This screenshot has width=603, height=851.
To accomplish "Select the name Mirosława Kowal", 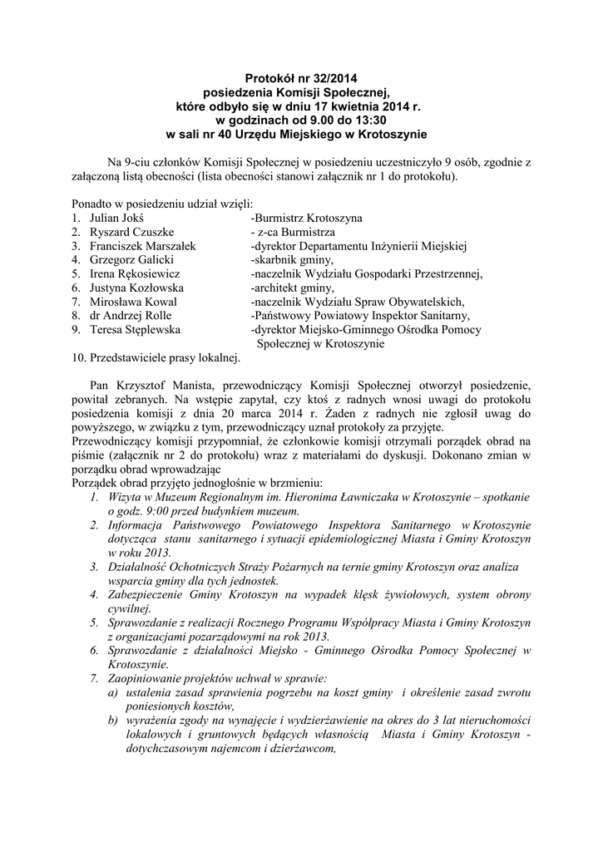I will point(133,302).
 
